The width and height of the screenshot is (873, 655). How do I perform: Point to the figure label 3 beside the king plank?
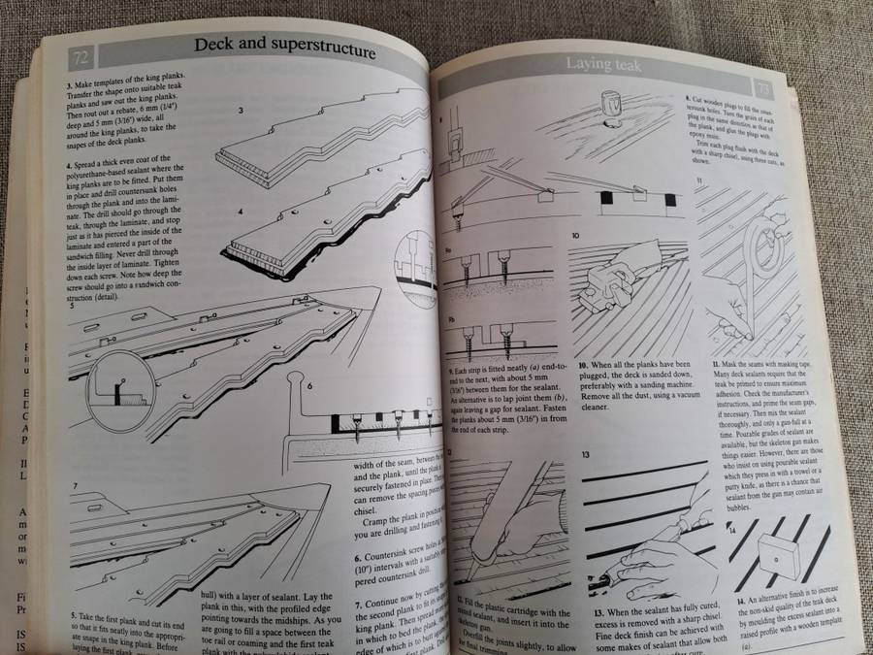click(242, 112)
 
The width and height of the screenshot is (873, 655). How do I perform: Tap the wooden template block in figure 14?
click(778, 555)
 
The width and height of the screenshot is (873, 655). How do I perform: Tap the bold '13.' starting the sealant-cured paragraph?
click(572, 612)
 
